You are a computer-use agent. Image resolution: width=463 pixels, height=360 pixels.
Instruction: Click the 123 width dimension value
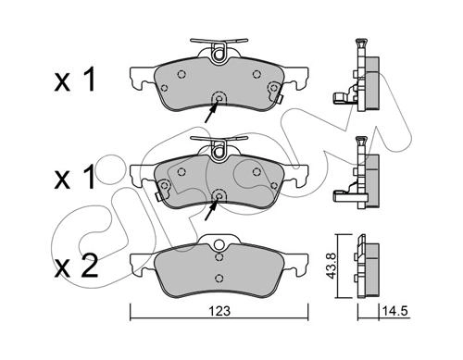pyautogui.click(x=219, y=311)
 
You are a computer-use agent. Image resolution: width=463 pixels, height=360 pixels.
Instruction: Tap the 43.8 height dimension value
pyautogui.click(x=331, y=267)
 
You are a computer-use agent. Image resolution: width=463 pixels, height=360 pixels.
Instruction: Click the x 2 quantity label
pyautogui.click(x=76, y=266)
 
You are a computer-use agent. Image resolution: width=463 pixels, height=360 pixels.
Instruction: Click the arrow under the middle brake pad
pyautogui.click(x=211, y=208)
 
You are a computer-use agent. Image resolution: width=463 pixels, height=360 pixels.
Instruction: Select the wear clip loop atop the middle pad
pyautogui.click(x=219, y=150)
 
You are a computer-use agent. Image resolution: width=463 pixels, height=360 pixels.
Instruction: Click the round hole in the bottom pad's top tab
pyautogui.click(x=219, y=245)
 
